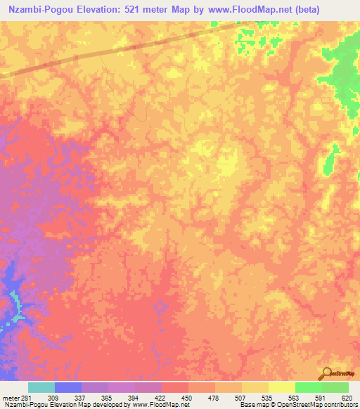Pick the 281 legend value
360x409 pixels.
point(30,397)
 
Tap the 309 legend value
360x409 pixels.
point(69,397)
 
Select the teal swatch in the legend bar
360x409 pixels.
point(41,387)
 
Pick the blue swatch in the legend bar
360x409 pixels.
point(68,387)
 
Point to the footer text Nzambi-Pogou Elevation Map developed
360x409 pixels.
point(56,405)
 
